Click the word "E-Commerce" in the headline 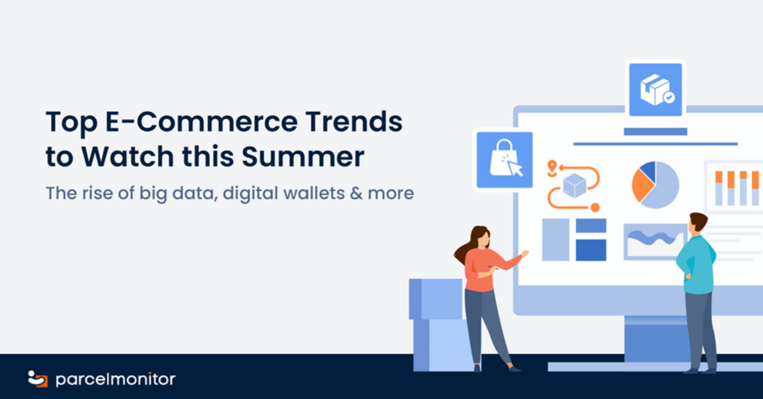[202, 122]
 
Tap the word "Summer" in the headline [303, 157]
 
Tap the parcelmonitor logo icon [38, 379]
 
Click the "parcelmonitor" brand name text [116, 379]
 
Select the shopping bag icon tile [504, 160]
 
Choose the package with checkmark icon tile [656, 90]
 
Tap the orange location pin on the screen [552, 167]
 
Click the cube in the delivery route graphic [575, 186]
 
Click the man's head [697, 225]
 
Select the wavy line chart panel [654, 242]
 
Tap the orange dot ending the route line [595, 207]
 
